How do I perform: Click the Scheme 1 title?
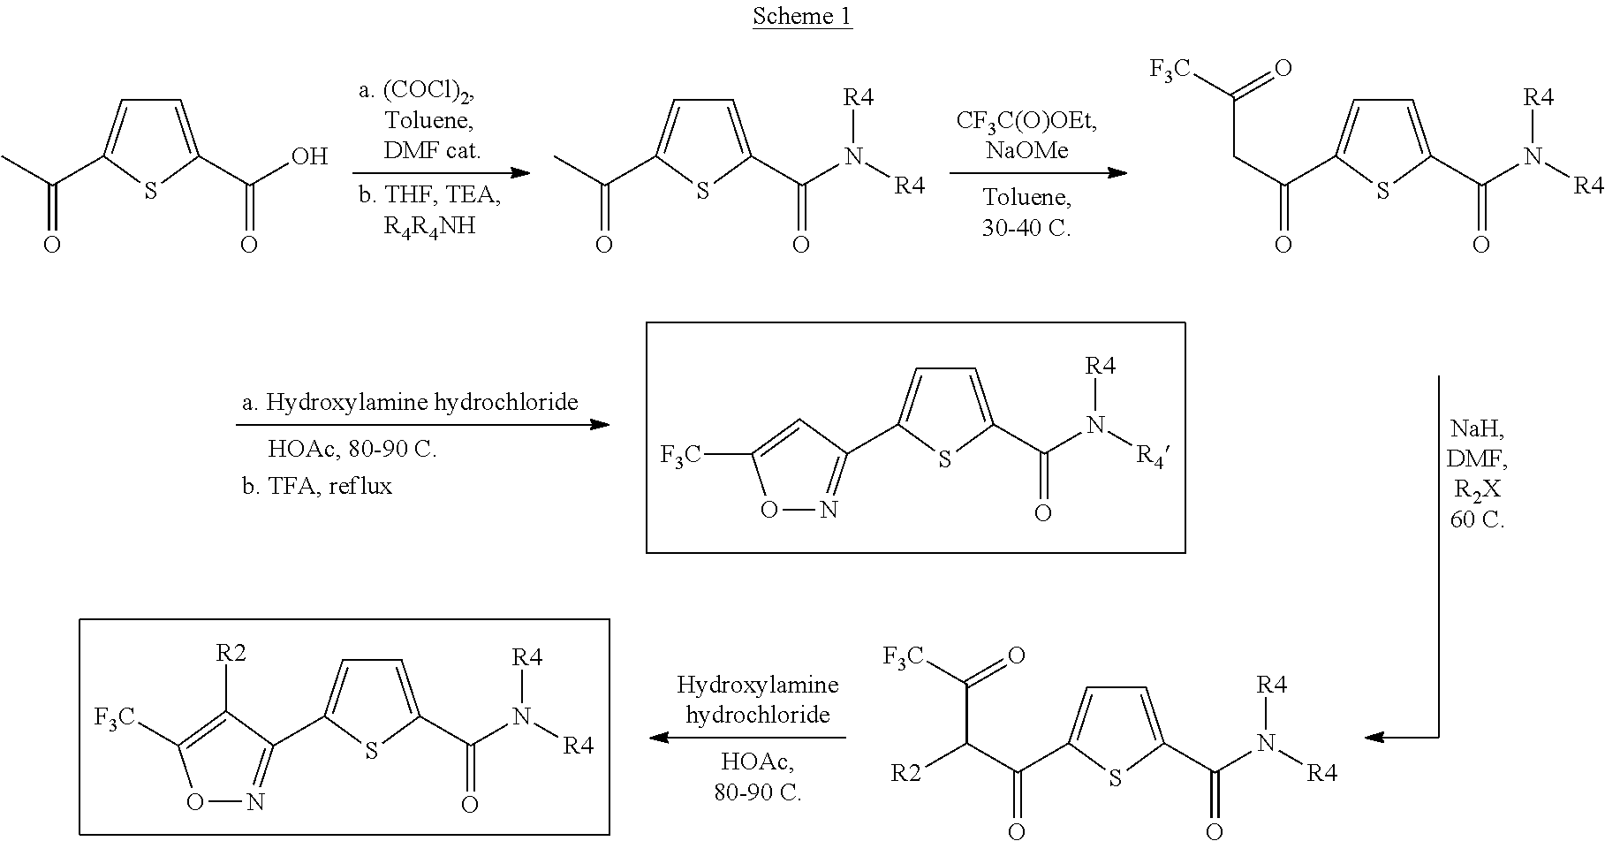click(x=802, y=17)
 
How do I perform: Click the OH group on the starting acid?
click(x=309, y=157)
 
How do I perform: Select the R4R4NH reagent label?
click(x=429, y=226)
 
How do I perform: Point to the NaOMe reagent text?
click(x=1026, y=151)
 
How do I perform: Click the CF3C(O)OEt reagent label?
click(x=1026, y=121)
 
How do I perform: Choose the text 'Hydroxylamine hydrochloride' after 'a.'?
click(x=422, y=403)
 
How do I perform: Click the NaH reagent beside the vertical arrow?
click(x=1477, y=429)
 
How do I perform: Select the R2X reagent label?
click(x=1477, y=489)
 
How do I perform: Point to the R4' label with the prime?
click(x=1152, y=457)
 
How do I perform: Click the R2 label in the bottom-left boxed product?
click(x=231, y=654)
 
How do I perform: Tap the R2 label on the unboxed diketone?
click(x=906, y=774)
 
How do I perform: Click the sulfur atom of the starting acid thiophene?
click(x=150, y=191)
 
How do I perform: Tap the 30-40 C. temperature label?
click(x=1026, y=227)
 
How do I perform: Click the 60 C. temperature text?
click(x=1477, y=519)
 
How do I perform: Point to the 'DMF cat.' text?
click(x=432, y=150)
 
